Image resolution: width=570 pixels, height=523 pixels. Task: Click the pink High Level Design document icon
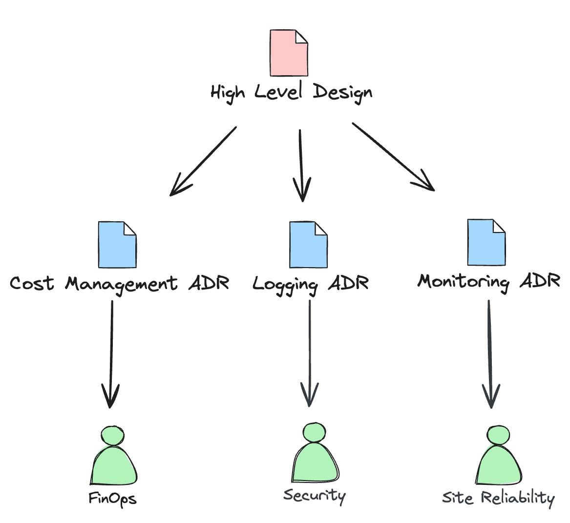(289, 53)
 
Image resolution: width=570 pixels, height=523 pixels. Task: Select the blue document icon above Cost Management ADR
(117, 245)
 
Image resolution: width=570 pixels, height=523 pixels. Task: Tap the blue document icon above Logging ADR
(308, 245)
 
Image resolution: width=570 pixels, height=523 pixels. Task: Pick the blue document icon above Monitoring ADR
(486, 243)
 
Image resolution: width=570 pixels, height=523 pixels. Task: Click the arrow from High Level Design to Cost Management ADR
(203, 162)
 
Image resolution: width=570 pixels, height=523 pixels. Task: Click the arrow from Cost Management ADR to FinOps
(111, 354)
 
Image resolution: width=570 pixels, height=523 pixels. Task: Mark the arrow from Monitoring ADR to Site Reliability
(489, 354)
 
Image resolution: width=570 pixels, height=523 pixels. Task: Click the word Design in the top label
(342, 92)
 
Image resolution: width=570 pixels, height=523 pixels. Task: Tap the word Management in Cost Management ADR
(122, 284)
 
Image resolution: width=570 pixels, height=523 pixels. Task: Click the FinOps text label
(112, 499)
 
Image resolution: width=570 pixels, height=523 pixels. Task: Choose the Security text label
(315, 496)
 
